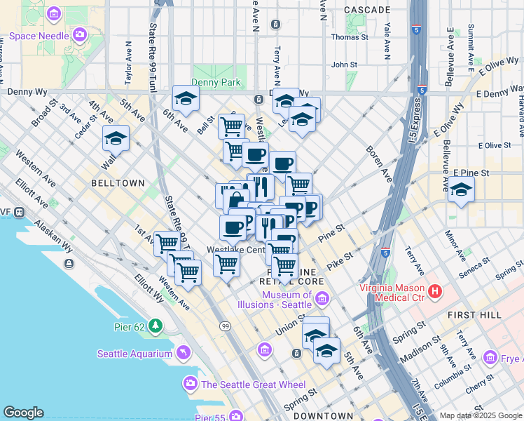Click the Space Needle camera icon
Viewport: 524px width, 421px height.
pos(79,33)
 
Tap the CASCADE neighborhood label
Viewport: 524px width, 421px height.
pos(368,10)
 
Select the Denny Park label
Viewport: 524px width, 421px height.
pos(217,82)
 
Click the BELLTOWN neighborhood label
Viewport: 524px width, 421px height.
pos(118,183)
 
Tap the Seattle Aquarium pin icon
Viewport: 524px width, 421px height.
pos(183,352)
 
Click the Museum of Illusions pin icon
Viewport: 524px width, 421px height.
pos(322,300)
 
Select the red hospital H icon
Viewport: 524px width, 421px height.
pos(435,290)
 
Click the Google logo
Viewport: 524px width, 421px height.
pos(23,413)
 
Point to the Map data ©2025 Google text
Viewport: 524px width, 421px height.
pos(480,416)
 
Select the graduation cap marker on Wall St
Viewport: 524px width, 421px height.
pos(116,138)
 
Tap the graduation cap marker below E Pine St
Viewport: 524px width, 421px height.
pos(461,189)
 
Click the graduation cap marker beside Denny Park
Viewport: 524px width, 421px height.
pos(186,98)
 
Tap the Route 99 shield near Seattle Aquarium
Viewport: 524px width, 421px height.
pos(224,326)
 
